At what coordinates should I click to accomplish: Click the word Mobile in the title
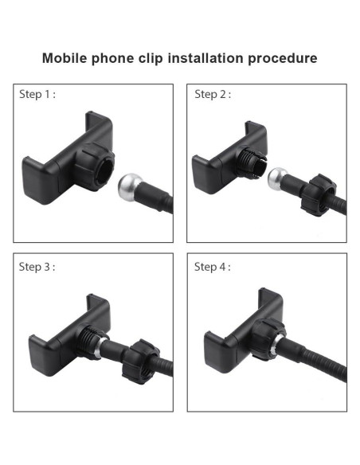pos(65,58)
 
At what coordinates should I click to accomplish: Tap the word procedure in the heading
pos(283,59)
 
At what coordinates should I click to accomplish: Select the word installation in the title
pos(205,58)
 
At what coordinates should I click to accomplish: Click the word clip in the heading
pos(151,59)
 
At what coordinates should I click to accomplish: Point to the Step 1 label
pos(37,95)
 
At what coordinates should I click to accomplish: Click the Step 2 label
pos(213,95)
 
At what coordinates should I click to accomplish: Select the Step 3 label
pos(37,267)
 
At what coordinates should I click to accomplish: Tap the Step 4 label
pos(213,267)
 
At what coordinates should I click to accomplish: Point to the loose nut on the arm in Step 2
pos(319,195)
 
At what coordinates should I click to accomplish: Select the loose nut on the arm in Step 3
pos(140,361)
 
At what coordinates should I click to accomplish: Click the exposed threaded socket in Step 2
pos(251,162)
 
